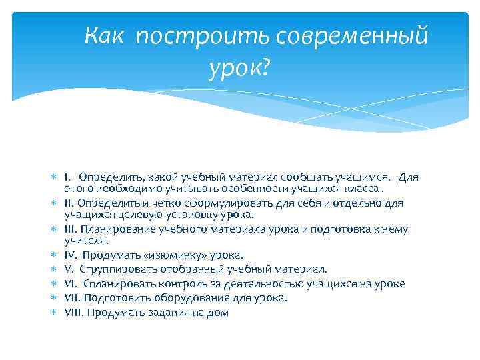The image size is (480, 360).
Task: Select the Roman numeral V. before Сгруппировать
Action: (x=69, y=269)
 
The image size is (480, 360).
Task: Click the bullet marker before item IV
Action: (x=55, y=255)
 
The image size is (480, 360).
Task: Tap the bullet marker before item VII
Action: (x=55, y=298)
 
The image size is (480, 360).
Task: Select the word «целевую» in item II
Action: (x=134, y=215)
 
